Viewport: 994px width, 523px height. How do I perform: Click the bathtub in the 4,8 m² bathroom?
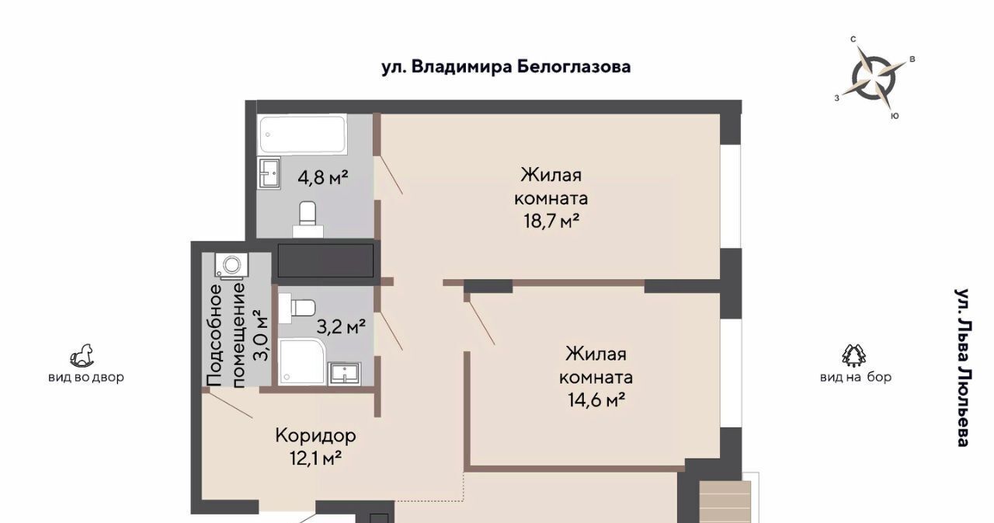(x=302, y=134)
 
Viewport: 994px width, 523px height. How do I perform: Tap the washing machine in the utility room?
(x=231, y=267)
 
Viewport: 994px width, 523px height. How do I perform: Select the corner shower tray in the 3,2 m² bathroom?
(x=302, y=362)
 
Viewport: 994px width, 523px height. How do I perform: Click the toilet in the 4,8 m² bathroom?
(x=308, y=219)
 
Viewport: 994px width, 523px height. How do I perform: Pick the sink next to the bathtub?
(x=269, y=173)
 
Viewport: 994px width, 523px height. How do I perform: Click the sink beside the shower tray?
(x=344, y=373)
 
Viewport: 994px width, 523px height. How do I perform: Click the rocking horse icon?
(x=82, y=356)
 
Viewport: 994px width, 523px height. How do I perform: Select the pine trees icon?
(x=854, y=356)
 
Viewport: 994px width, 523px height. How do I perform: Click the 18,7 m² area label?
(x=551, y=221)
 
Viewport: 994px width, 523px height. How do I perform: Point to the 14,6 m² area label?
(x=597, y=400)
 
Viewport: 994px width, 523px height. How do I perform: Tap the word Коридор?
(x=315, y=435)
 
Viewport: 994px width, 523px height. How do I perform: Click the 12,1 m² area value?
(x=315, y=458)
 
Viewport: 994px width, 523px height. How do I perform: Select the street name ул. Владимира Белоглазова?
(x=506, y=67)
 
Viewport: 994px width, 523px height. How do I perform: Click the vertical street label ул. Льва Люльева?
(x=962, y=368)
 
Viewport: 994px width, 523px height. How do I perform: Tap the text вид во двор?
(x=86, y=378)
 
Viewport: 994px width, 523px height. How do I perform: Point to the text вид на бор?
(x=856, y=378)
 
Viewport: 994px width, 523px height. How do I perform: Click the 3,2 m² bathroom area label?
(x=341, y=327)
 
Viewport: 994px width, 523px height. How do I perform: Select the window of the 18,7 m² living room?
(x=731, y=197)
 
